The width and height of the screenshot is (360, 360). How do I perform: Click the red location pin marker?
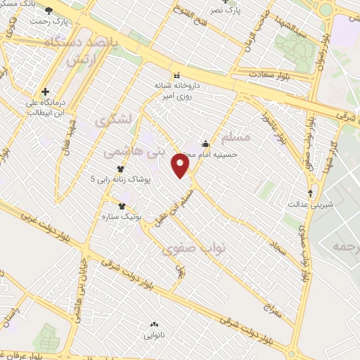181,165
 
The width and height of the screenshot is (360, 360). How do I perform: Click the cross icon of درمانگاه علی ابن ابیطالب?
45,91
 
